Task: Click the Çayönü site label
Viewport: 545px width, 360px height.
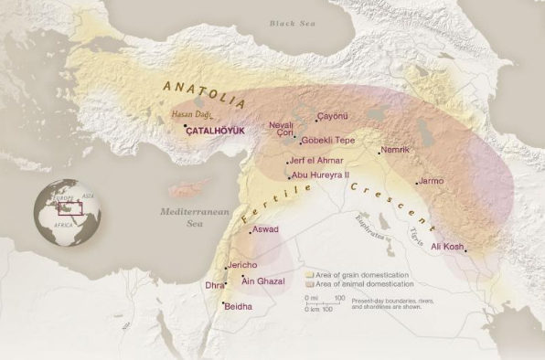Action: pyautogui.click(x=333, y=117)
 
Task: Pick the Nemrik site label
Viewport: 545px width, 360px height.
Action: pyautogui.click(x=395, y=149)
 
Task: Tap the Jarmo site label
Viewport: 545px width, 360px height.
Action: pyautogui.click(x=430, y=181)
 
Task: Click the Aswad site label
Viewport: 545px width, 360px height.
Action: pyautogui.click(x=265, y=229)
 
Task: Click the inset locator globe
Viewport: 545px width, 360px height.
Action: pyautogui.click(x=65, y=215)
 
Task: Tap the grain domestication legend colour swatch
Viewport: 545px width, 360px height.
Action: pyautogui.click(x=310, y=273)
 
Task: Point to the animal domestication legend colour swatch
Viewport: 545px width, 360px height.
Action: pyautogui.click(x=310, y=282)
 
